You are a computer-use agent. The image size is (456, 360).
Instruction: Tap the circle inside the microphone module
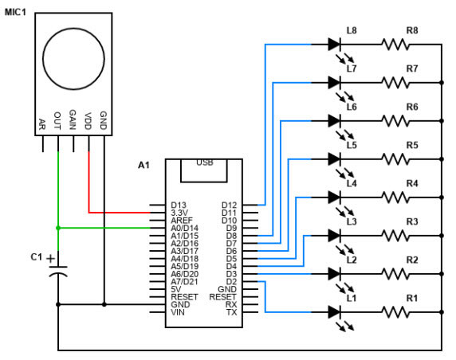click(73, 61)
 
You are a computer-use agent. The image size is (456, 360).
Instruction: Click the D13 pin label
click(179, 205)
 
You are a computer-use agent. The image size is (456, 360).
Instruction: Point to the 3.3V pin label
click(179, 213)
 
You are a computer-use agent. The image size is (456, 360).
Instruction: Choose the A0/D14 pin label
click(185, 228)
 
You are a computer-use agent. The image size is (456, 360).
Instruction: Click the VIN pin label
click(178, 311)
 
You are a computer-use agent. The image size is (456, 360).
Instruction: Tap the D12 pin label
click(229, 205)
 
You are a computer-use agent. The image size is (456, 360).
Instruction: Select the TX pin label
click(232, 311)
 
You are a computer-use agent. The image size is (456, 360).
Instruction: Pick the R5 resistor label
click(412, 145)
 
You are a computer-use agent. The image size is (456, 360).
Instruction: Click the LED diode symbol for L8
click(335, 44)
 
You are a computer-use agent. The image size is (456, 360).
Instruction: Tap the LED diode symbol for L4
click(335, 196)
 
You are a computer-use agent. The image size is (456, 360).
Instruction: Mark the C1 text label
click(36, 256)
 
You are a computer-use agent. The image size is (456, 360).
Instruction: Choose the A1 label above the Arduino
click(143, 165)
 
